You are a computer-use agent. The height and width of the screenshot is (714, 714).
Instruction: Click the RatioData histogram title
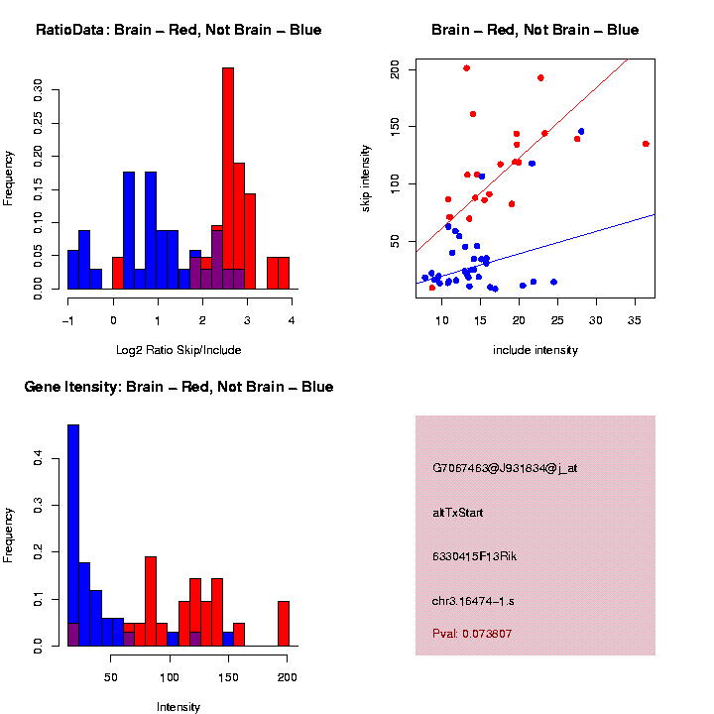(x=178, y=30)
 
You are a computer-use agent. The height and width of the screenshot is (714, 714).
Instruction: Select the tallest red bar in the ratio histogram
(x=228, y=178)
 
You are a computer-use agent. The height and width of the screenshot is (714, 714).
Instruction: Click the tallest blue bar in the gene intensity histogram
(x=72, y=535)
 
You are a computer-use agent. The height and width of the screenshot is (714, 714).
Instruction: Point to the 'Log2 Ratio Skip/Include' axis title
(x=178, y=350)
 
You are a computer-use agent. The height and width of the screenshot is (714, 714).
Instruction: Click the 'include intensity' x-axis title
(x=535, y=350)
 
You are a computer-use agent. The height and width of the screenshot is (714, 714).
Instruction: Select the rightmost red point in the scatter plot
(x=646, y=144)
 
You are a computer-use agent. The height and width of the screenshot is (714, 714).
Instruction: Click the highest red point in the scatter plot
(x=466, y=68)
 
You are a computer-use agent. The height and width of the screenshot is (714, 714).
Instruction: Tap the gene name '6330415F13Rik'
(x=475, y=556)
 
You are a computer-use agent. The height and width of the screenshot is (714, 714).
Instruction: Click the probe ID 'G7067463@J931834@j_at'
(x=505, y=468)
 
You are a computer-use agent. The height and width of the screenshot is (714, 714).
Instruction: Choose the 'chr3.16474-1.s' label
(x=473, y=601)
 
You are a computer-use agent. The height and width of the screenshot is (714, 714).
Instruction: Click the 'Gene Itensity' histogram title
(x=178, y=387)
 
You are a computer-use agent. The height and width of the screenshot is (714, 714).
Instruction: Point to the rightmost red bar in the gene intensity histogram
(x=284, y=623)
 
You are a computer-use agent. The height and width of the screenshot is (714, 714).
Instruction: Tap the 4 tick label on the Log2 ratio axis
(x=292, y=320)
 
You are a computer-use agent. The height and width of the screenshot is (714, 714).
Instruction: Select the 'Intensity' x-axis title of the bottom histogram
(x=178, y=707)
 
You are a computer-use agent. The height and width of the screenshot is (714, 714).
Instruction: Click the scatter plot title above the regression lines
(x=535, y=30)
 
